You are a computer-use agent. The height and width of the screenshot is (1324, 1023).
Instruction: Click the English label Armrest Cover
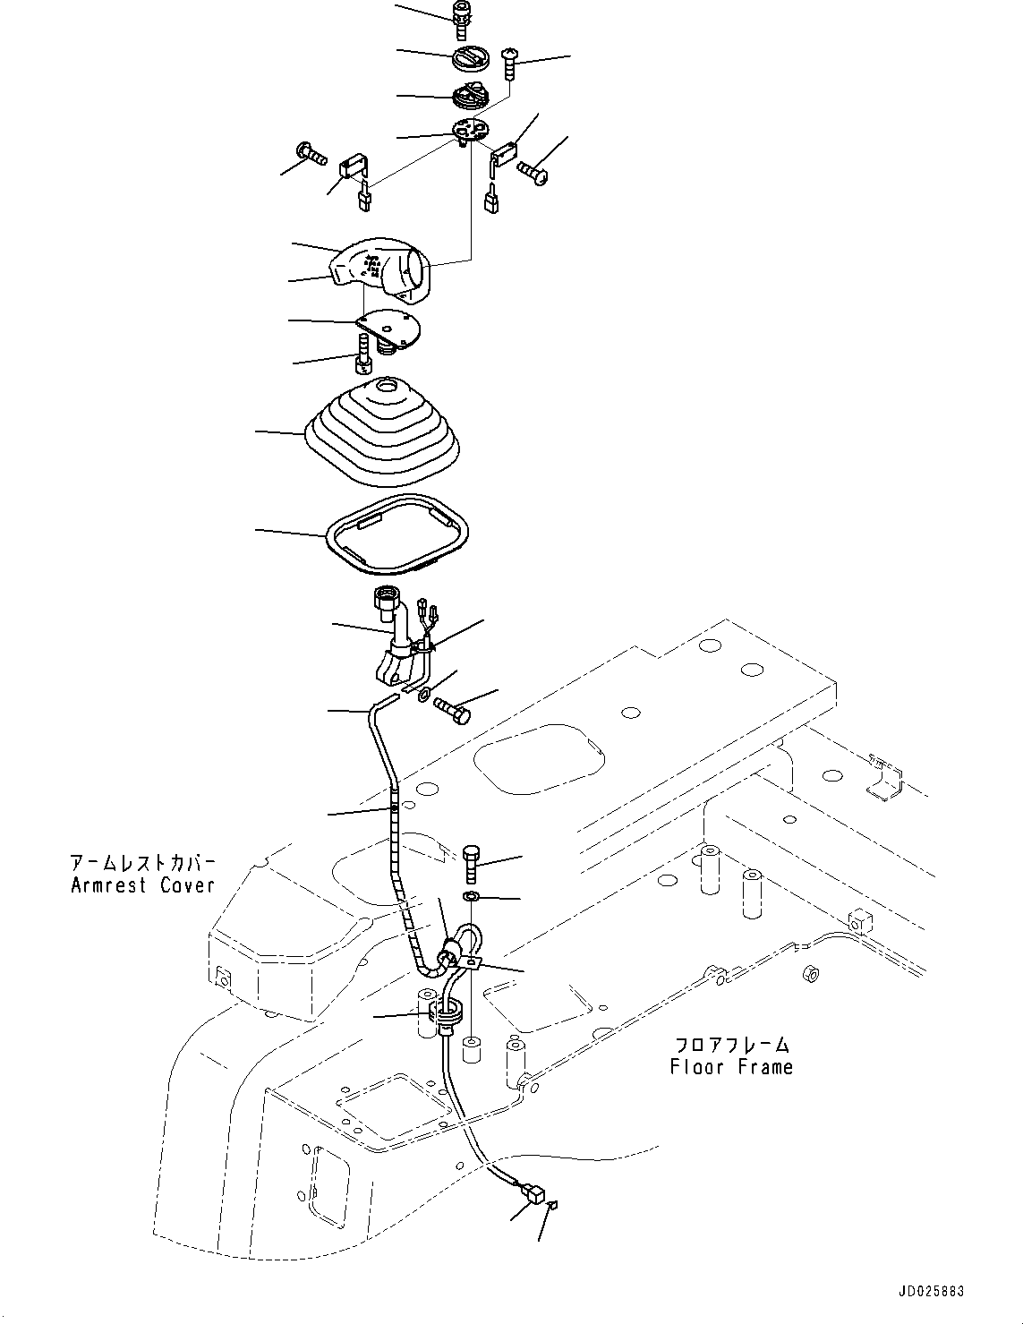click(142, 885)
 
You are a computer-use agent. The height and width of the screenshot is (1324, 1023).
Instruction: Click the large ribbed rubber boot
click(382, 431)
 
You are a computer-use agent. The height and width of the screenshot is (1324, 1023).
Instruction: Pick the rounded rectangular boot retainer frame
click(397, 534)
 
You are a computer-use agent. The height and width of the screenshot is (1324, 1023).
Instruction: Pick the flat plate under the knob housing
click(388, 329)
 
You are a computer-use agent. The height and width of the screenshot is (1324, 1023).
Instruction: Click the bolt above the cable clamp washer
click(472, 863)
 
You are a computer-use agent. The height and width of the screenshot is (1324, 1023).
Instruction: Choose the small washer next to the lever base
click(424, 693)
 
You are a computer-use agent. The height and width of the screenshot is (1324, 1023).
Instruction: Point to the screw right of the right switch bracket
click(533, 172)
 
